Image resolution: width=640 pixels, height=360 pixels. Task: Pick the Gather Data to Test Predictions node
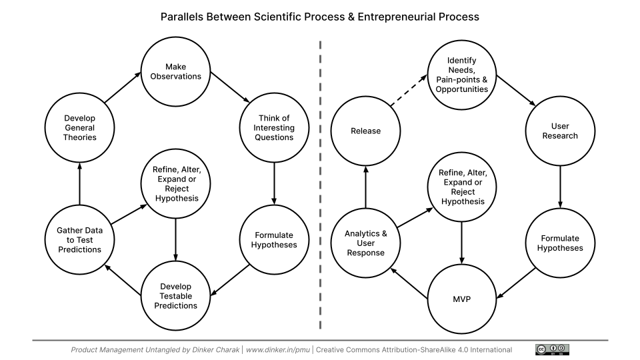[79, 240]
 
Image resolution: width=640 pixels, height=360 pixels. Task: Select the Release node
[365, 131]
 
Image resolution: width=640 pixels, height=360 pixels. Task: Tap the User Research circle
[560, 131]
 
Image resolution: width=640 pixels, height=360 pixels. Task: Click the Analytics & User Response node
[365, 243]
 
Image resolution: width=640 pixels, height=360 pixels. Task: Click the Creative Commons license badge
[552, 349]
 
